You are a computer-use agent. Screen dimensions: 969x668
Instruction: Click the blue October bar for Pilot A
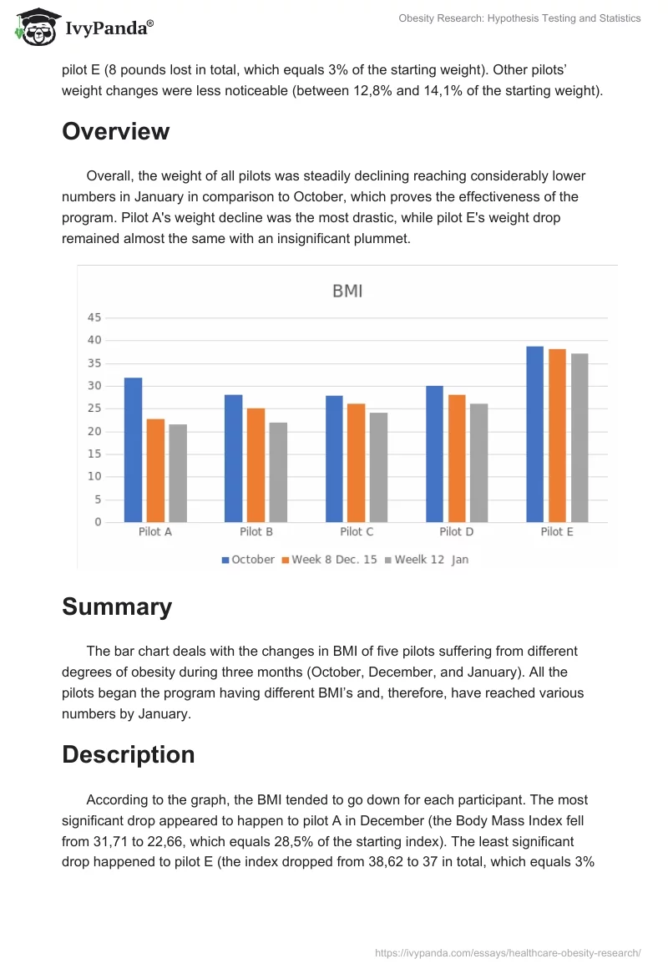133,449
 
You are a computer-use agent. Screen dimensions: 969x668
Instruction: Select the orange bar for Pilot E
557,435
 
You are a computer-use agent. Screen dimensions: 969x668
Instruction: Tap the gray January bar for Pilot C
378,467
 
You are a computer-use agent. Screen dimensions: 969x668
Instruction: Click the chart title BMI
347,292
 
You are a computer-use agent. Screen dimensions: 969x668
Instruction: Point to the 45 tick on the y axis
94,317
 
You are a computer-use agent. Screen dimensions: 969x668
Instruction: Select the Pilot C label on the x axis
357,532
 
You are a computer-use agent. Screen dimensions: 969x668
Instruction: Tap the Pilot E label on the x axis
557,532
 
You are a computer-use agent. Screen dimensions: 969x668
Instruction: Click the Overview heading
115,132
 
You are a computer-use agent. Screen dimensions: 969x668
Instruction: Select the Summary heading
117,607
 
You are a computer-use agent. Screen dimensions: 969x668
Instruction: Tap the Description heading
128,755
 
